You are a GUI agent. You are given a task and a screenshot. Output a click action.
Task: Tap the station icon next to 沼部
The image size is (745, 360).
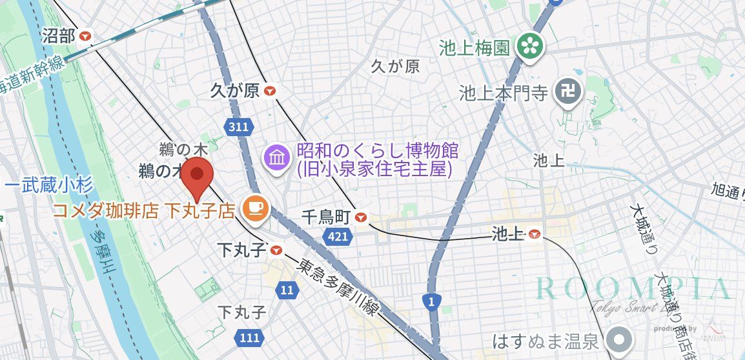[x=86, y=36]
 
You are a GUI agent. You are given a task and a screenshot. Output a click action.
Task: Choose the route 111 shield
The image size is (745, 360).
[x=249, y=337]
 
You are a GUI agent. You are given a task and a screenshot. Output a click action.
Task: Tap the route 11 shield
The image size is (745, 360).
[x=287, y=290]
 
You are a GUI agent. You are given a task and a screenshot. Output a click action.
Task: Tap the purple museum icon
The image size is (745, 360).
[x=277, y=157]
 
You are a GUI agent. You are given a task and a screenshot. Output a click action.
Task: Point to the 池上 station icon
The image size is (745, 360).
[x=535, y=234]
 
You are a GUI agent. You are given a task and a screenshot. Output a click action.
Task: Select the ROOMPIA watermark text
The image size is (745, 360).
[x=631, y=288]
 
